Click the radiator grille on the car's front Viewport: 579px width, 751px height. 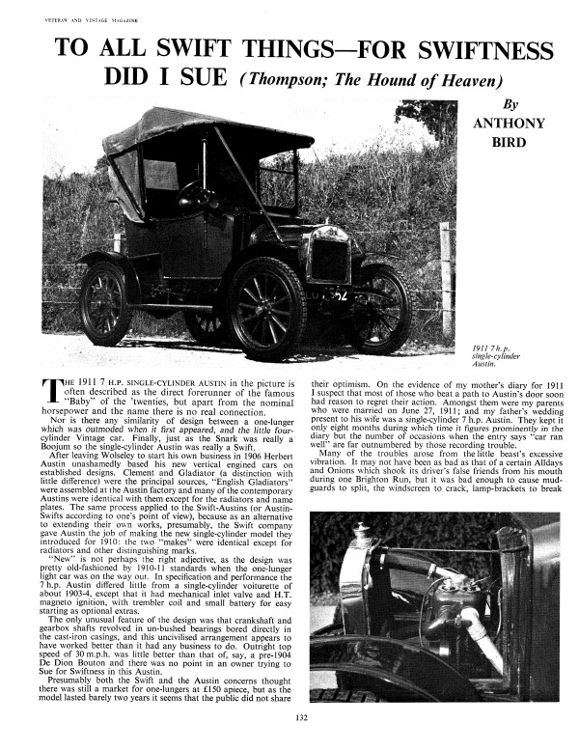pyautogui.click(x=330, y=261)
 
